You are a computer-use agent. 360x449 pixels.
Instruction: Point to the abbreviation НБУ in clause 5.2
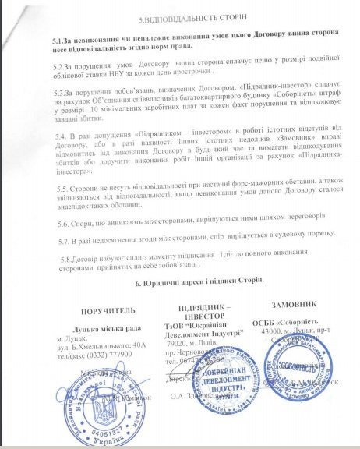point(118,78)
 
